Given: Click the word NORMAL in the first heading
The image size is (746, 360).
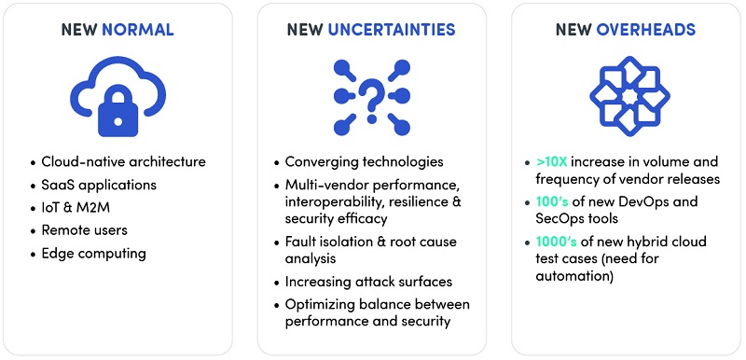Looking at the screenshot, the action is pos(137,30).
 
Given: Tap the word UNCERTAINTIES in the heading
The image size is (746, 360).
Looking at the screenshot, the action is pos(391,30).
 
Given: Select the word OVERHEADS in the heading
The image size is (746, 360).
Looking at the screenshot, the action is pos(645,30).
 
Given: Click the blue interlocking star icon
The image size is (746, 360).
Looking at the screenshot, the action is pos(629,97).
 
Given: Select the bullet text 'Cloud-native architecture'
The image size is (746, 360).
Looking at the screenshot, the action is pos(124,161).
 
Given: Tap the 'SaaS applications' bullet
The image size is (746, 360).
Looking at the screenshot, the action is pos(99,185).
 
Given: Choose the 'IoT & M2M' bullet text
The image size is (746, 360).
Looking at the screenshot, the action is pos(76,207).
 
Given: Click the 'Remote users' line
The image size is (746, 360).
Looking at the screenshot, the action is pos(85,230).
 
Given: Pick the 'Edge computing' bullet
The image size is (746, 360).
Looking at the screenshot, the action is pos(94,254).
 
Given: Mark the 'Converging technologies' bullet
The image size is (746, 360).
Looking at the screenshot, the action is pos(364,161).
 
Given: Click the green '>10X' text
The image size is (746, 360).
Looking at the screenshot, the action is pos(551,161).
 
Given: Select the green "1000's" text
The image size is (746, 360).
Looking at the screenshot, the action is pos(556,242).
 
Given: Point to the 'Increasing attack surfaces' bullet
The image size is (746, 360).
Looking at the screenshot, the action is pos(368,282).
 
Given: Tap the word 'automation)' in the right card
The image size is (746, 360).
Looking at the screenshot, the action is pos(574,276).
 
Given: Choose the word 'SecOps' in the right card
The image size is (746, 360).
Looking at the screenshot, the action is pos(559,219).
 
